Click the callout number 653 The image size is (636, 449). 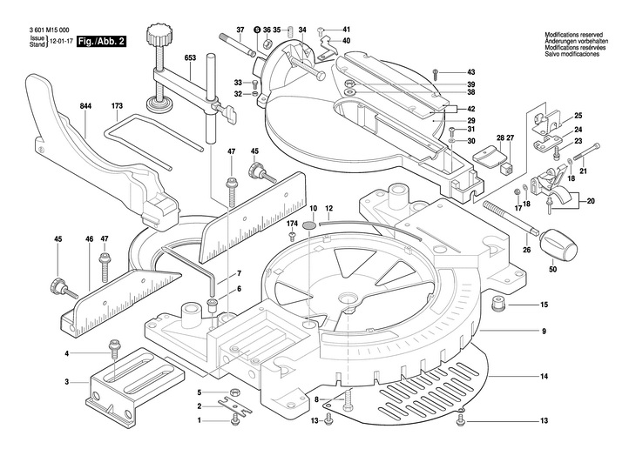coord(190,58)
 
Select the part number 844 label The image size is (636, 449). coord(86,106)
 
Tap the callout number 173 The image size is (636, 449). coord(117,106)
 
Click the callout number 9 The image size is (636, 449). coord(543,331)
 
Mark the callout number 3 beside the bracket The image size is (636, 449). coord(66,382)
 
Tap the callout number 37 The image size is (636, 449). coord(217,30)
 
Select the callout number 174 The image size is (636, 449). coord(293,224)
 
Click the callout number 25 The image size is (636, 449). coord(577,117)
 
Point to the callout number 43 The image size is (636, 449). coord(470,71)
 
